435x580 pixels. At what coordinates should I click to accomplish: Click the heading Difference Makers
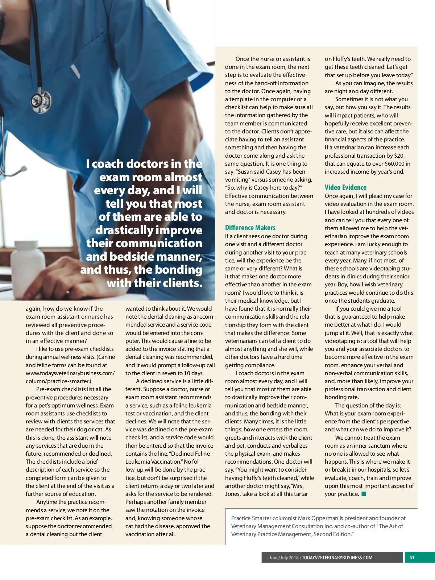(x=250, y=228)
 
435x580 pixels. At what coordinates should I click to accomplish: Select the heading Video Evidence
(x=345, y=187)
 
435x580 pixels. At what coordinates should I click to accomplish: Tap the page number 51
(x=412, y=558)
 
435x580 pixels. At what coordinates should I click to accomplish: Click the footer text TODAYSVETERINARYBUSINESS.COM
(x=337, y=558)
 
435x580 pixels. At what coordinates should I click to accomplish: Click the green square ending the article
(x=364, y=494)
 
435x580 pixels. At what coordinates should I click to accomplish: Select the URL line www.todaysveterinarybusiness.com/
(x=70, y=373)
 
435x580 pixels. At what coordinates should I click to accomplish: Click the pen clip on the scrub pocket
(x=75, y=71)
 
